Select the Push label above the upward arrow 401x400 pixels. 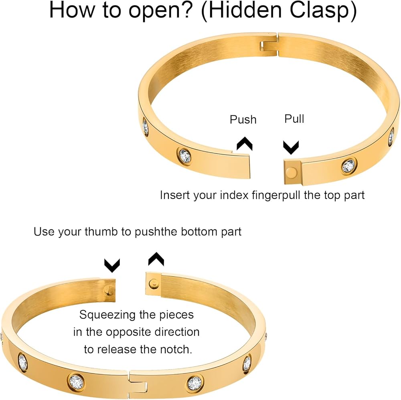pyautogui.click(x=243, y=120)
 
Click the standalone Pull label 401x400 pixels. pyautogui.click(x=294, y=119)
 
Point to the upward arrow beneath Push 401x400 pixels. pyautogui.click(x=245, y=144)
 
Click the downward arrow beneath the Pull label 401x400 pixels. pyautogui.click(x=291, y=147)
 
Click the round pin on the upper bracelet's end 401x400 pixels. pyautogui.click(x=291, y=172)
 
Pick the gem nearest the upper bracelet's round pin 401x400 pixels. pyautogui.click(x=349, y=166)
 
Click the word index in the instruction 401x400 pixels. pyautogui.click(x=234, y=195)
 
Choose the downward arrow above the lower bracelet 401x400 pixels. pyautogui.click(x=112, y=265)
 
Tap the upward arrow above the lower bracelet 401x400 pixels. pyautogui.click(x=156, y=259)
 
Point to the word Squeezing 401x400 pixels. pyautogui.click(x=107, y=315)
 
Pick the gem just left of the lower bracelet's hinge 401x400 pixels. pyautogui.click(x=77, y=381)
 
